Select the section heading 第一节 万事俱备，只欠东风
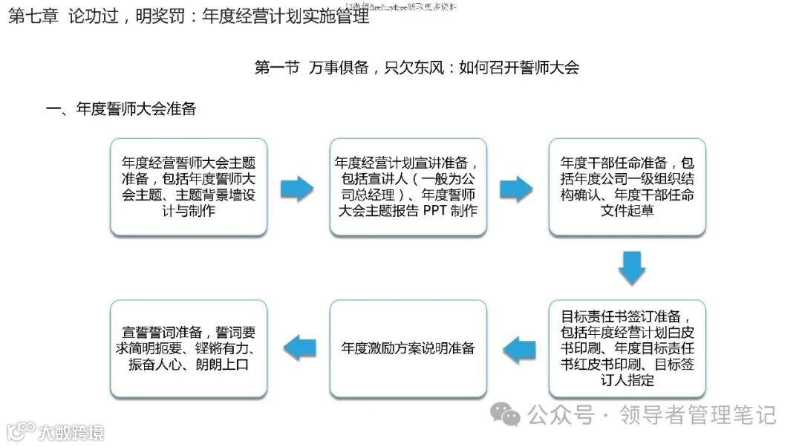tap(416, 68)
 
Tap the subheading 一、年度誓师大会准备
tap(121, 109)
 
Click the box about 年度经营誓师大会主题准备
tap(189, 186)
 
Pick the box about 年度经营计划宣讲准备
tap(408, 186)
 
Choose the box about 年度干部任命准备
tap(627, 186)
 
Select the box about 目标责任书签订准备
tap(627, 348)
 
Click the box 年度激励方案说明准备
tap(408, 348)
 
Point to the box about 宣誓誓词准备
tap(189, 348)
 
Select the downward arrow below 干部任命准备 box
tap(632, 268)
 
